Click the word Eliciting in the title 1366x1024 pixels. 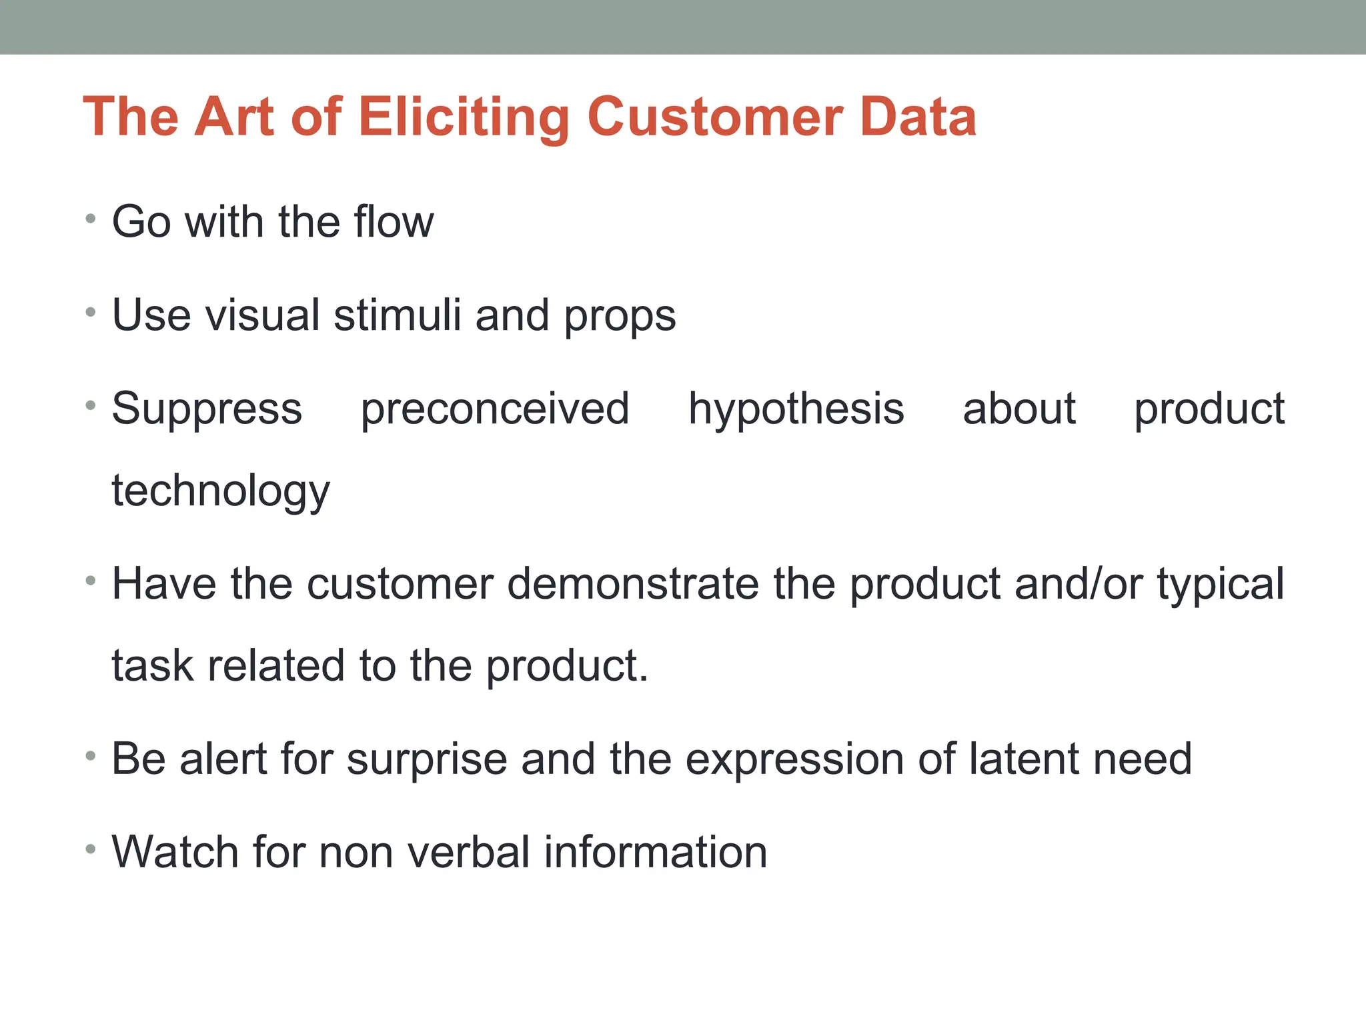464,117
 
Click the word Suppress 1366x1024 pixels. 207,409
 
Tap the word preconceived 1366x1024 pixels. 495,409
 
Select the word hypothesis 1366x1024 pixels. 796,409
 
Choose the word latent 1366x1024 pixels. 1027,759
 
